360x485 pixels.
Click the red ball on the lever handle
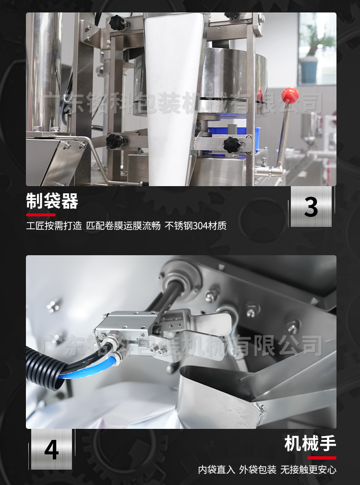pos(290,95)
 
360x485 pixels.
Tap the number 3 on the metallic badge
pos(311,207)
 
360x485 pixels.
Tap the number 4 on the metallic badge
pos(52,450)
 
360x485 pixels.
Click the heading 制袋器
pos(52,201)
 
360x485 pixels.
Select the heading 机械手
pos(310,443)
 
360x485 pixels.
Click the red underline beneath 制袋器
pos(41,214)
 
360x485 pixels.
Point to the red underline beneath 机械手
pos(322,458)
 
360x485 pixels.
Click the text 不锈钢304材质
pos(196,226)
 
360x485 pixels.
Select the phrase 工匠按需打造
pos(54,226)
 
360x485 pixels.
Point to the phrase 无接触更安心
pos(308,470)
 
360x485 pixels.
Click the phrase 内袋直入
pos(216,470)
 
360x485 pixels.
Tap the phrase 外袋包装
pos(258,470)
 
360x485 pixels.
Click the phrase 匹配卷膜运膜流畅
pos(123,226)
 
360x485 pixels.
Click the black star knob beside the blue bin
pos(231,144)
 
